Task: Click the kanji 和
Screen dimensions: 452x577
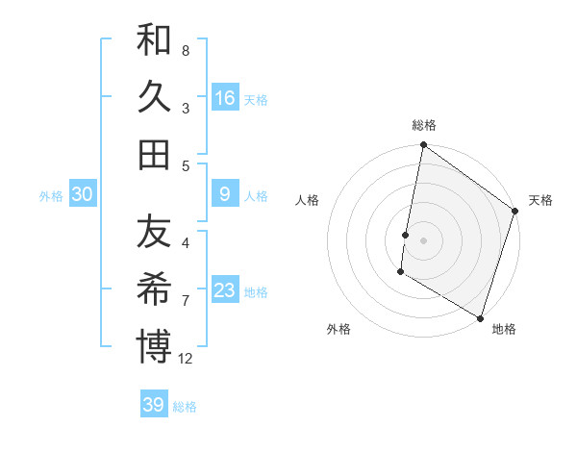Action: pyautogui.click(x=154, y=41)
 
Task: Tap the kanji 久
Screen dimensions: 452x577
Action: pyautogui.click(x=154, y=97)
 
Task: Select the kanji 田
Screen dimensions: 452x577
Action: pyautogui.click(x=154, y=154)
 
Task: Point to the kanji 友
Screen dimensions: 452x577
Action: pyautogui.click(x=154, y=233)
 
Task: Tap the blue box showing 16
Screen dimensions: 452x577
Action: pyautogui.click(x=225, y=97)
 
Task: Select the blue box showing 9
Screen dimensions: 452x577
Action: pyautogui.click(x=225, y=194)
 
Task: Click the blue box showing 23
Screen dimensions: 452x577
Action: pyautogui.click(x=225, y=289)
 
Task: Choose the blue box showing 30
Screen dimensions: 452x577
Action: pyautogui.click(x=82, y=194)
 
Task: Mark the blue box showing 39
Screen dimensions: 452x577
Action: pyautogui.click(x=154, y=405)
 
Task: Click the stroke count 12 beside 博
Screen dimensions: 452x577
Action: pyautogui.click(x=186, y=359)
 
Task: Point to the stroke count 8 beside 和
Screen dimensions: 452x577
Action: pyautogui.click(x=186, y=50)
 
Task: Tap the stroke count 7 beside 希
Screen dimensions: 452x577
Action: pyautogui.click(x=186, y=300)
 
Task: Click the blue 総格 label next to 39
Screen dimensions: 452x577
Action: pyautogui.click(x=186, y=407)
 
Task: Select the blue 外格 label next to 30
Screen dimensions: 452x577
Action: pyautogui.click(x=51, y=195)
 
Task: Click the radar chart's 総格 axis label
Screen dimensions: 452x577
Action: pyautogui.click(x=424, y=125)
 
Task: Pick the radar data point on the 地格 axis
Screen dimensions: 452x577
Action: pyautogui.click(x=480, y=317)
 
